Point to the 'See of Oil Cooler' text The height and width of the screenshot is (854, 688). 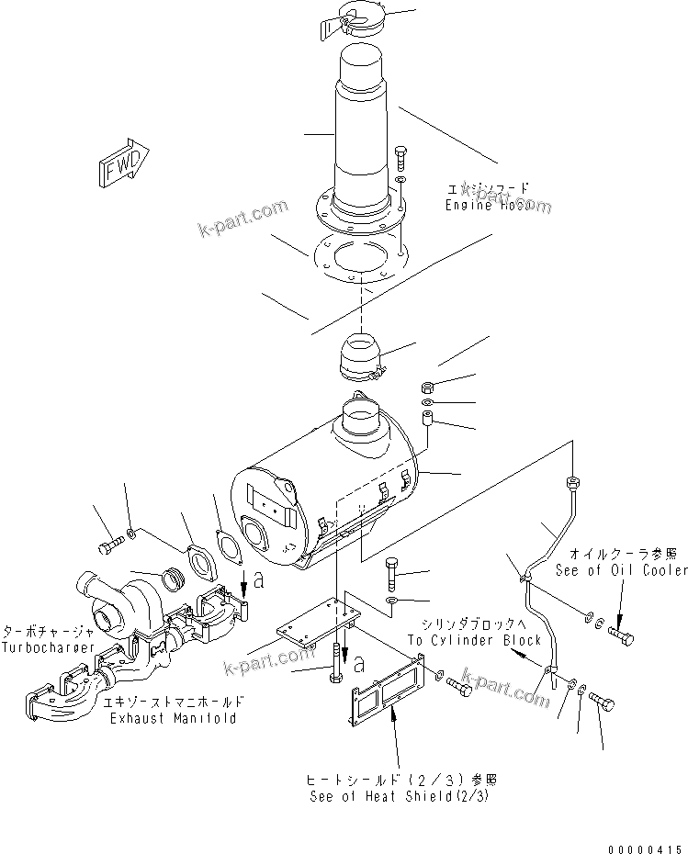(621, 570)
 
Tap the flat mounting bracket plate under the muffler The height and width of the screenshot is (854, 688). (321, 625)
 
